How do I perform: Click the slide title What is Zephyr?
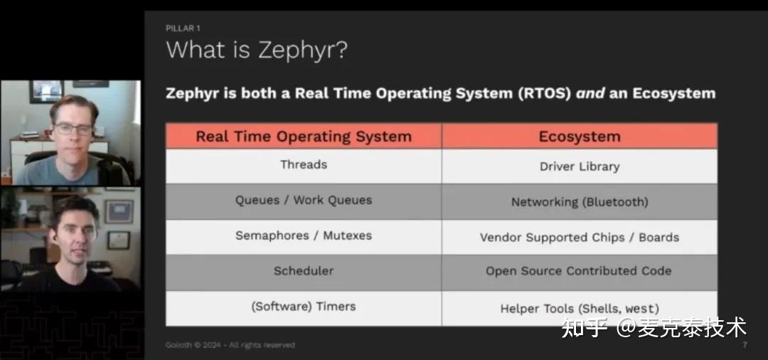pos(256,51)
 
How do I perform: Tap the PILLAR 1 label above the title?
pos(183,28)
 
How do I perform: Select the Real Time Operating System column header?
pos(304,136)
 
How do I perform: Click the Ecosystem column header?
pos(579,137)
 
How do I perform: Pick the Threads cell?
pos(304,164)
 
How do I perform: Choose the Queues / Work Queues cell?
pos(304,200)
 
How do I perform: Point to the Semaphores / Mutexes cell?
pos(304,235)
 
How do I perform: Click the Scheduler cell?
pos(304,271)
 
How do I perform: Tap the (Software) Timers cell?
pos(304,307)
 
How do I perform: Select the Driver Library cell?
pos(579,166)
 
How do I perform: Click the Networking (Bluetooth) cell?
pos(579,202)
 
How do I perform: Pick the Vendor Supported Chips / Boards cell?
pos(579,238)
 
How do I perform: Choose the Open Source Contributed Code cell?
pos(579,271)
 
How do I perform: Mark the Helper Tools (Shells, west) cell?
pos(579,309)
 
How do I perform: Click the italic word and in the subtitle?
pos(591,93)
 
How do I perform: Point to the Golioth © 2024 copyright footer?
pos(230,345)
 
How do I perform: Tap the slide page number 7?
pos(745,345)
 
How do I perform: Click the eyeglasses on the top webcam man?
pos(73,129)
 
